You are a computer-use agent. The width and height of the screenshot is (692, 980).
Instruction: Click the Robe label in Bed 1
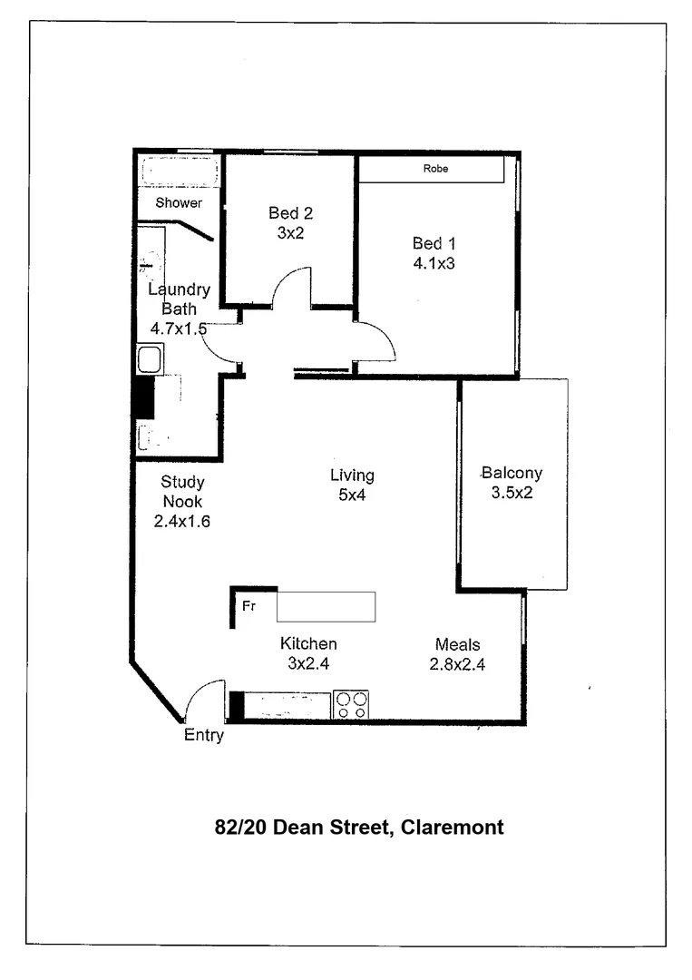click(435, 169)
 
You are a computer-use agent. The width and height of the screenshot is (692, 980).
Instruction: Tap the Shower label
click(179, 202)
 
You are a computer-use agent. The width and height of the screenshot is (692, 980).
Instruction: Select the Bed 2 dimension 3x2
click(290, 232)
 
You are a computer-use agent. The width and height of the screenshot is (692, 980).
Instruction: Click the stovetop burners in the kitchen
click(352, 704)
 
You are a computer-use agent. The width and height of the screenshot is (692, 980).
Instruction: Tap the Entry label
click(203, 735)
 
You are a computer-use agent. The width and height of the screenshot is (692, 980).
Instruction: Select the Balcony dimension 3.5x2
click(512, 492)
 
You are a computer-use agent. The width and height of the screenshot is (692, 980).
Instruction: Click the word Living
click(352, 475)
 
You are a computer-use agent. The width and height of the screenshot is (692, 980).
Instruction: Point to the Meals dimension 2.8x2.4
click(457, 664)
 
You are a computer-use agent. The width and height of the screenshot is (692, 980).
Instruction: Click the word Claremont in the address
click(453, 827)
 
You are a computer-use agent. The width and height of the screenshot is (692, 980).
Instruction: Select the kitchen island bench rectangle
click(326, 606)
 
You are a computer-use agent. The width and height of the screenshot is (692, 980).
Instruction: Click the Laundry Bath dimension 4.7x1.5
click(179, 328)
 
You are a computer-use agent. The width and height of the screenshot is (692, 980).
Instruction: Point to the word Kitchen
click(307, 643)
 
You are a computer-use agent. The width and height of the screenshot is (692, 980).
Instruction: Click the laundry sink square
click(149, 359)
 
